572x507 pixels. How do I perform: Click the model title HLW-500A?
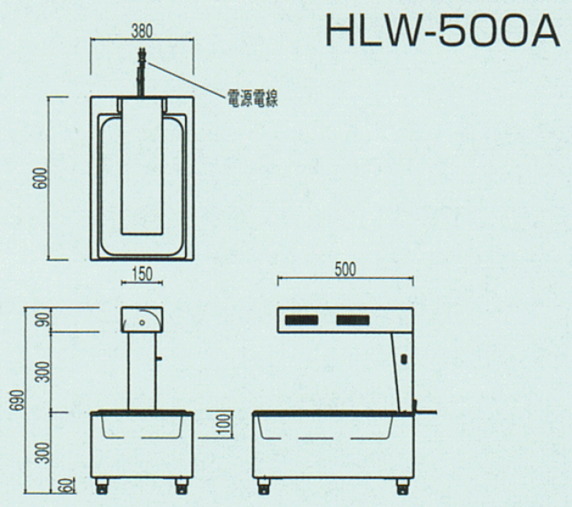point(443,30)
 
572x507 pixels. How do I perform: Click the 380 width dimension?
point(141,31)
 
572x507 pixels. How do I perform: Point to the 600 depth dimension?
point(41,178)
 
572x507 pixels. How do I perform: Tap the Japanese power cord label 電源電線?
point(253,98)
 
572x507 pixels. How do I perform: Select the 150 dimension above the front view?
point(142,274)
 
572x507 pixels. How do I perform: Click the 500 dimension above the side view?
point(345,269)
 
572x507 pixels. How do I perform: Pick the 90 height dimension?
point(44,319)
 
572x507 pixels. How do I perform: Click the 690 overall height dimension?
point(17,401)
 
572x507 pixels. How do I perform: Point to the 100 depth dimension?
point(225,424)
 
